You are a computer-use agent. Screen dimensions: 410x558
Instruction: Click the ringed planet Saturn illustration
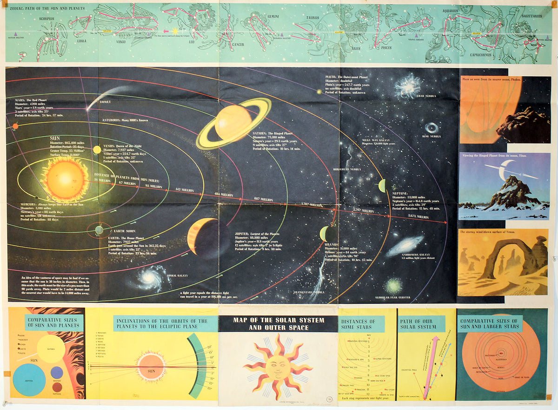pos(233,123)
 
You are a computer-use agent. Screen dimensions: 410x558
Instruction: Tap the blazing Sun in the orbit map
pos(65,180)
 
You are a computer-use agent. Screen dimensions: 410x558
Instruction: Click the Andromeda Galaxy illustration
pos(405,245)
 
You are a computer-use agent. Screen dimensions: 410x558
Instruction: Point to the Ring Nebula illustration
pos(432,127)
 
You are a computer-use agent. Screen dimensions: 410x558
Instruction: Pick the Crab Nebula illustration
pos(407,87)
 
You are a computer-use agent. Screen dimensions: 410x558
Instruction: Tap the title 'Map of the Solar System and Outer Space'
pos(278,324)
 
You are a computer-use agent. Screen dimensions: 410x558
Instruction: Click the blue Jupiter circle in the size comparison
pos(29,380)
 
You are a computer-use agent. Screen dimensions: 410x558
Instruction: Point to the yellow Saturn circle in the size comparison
pos(51,349)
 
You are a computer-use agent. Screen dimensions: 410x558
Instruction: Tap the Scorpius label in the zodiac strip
pos(47,19)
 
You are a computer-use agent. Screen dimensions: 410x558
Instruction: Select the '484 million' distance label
pos(223,195)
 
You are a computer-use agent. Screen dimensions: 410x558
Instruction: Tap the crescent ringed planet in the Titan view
pos(502,170)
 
